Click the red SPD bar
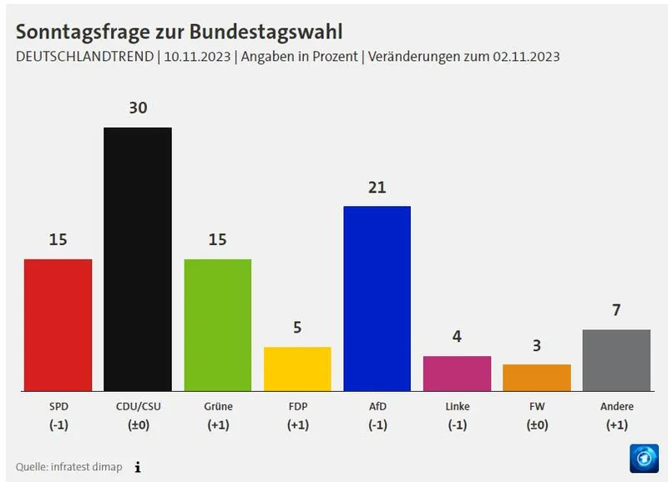[58, 324]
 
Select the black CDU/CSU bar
[138, 259]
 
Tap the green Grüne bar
[217, 324]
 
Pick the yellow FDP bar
[297, 369]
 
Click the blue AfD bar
[377, 298]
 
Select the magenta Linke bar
[457, 373]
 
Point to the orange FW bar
[537, 377]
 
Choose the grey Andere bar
[616, 359]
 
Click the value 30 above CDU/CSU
[138, 108]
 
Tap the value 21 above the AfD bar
[377, 188]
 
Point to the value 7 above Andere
[616, 311]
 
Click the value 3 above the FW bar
[537, 345]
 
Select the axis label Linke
[457, 406]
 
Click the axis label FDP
[297, 406]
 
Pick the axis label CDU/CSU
[138, 406]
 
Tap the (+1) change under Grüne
[217, 424]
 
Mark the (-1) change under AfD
[377, 424]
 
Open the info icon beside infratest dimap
[138, 467]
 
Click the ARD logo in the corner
[643, 458]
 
